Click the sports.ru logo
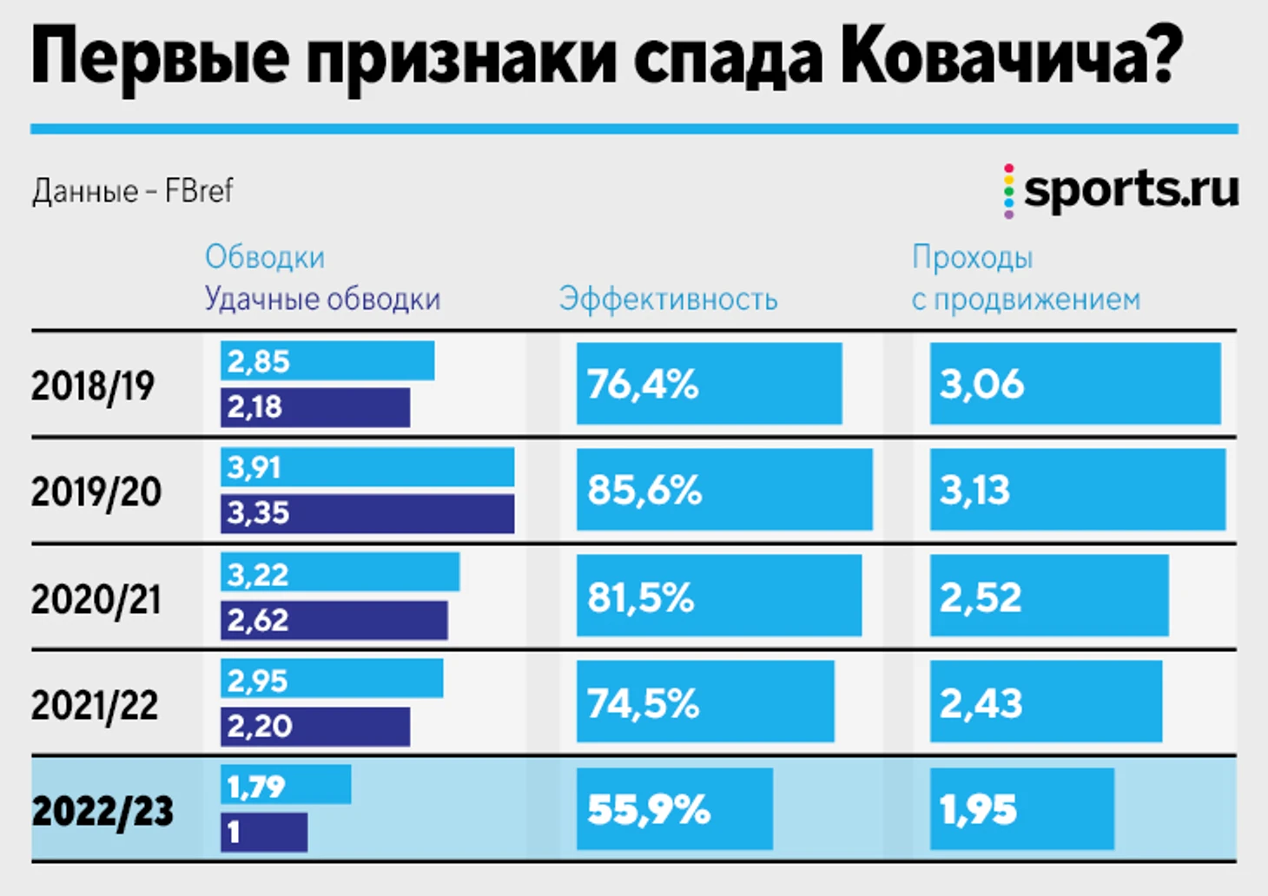coord(1122,190)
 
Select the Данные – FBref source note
coord(133,191)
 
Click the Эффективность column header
coord(668,300)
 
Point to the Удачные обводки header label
coord(322,300)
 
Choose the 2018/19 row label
coord(93,385)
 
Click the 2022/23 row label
coord(102,811)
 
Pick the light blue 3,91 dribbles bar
coord(367,468)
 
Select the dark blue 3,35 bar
coord(367,513)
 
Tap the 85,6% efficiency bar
coord(723,490)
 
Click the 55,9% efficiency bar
coord(674,809)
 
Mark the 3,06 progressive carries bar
coord(1074,384)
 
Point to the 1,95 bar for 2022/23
coord(1021,809)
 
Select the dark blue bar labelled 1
coord(263,832)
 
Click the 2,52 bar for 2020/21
coord(1048,596)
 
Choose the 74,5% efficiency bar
coord(704,702)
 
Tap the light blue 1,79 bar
coord(285,785)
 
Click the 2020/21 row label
coord(96,599)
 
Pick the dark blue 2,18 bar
coord(314,407)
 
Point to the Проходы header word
coord(972,258)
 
